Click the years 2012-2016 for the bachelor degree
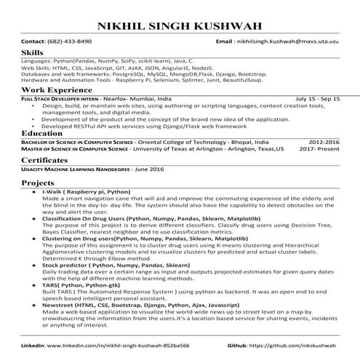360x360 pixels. [323, 143]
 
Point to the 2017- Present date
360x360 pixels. [319, 149]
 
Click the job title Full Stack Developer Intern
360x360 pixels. [57, 97]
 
